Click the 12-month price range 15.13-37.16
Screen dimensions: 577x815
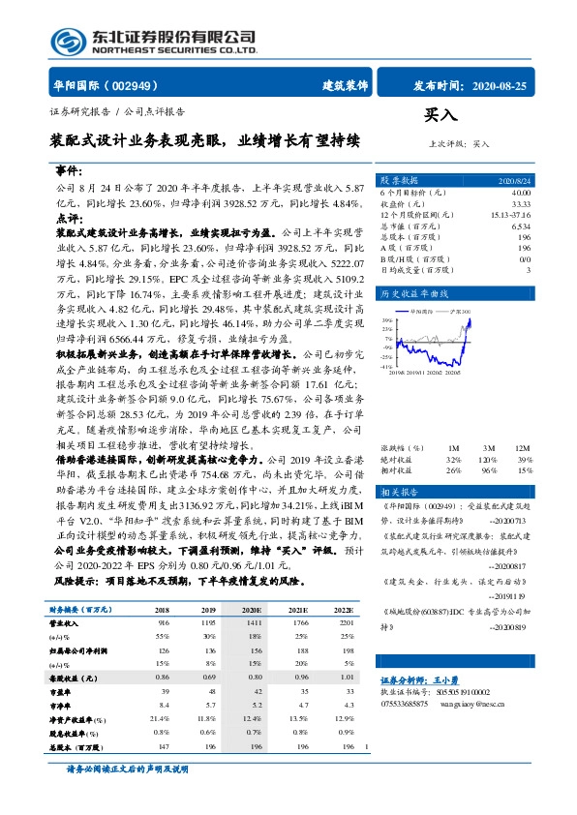[x=511, y=214]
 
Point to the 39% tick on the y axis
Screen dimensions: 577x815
[x=388, y=319]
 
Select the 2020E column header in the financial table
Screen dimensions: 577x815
[x=252, y=609]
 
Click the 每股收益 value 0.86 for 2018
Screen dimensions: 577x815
[x=162, y=679]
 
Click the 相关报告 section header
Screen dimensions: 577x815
[x=398, y=492]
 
